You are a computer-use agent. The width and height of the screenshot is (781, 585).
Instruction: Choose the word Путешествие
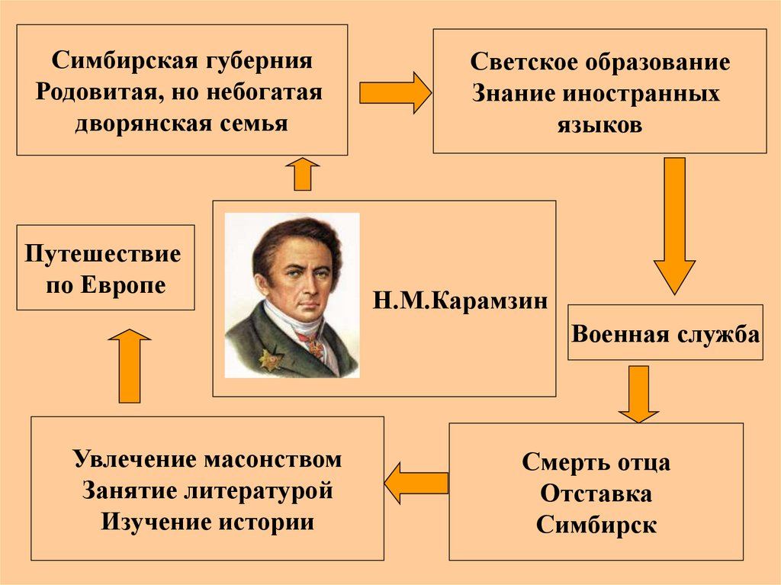click(104, 253)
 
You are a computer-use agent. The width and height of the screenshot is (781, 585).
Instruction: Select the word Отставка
click(596, 493)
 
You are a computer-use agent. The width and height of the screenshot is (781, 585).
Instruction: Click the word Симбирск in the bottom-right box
click(596, 525)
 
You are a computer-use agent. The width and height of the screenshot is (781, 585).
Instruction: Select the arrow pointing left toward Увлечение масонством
click(415, 483)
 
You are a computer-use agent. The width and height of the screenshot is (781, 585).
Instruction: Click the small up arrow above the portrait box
click(304, 175)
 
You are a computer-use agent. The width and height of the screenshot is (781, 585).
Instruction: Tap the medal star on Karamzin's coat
click(268, 358)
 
